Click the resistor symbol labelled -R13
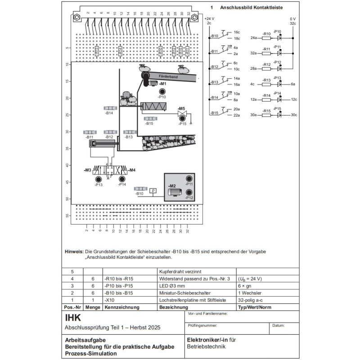pos(267,84)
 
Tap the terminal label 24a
pos(253,38)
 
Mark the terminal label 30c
pos(294,115)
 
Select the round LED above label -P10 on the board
pos(162,91)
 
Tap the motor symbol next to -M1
pos(152,83)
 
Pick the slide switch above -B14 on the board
pos(110,108)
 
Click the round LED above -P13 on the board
pos(99,180)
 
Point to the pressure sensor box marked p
pos(153,191)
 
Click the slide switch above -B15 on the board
pos(149,119)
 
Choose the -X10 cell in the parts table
pos(108,300)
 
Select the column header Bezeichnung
pos(170,307)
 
